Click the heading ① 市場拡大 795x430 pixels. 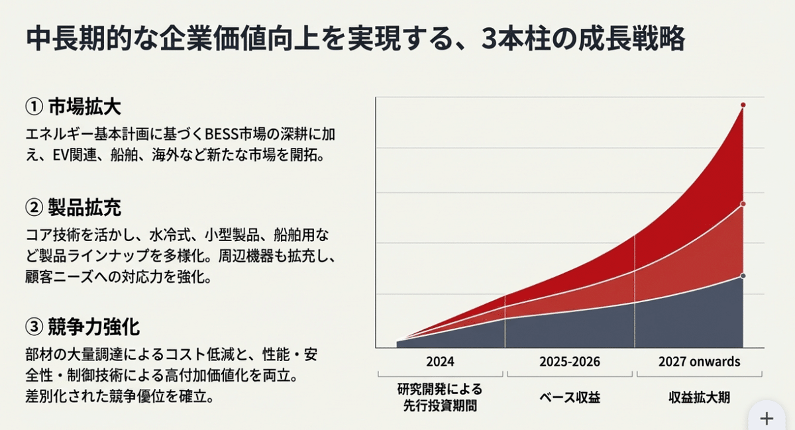[x=73, y=107]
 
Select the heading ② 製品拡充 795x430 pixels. [x=73, y=208]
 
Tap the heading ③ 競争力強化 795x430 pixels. [x=82, y=327]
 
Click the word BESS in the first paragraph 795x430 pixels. [x=208, y=134]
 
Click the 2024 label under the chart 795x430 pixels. [x=440, y=362]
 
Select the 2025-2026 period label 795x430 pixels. [x=570, y=362]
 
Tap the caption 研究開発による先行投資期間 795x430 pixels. [x=440, y=397]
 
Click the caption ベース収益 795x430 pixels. [x=570, y=398]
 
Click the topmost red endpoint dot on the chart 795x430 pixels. [x=743, y=105]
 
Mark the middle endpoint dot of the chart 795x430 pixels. [x=743, y=203]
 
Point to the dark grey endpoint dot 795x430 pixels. [x=743, y=276]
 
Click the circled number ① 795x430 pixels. [x=33, y=107]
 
